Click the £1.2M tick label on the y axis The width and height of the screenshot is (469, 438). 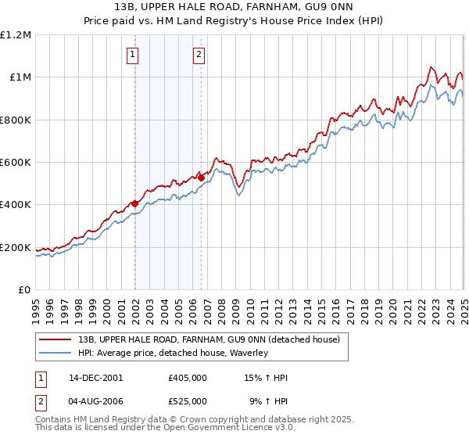[x=16, y=35]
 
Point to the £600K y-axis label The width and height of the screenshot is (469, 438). [x=16, y=163]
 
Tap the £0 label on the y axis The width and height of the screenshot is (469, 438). [x=26, y=290]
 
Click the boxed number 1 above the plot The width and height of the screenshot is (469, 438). [x=134, y=55]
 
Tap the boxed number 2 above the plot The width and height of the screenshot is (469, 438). [x=199, y=55]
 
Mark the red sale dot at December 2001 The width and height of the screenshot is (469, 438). [x=134, y=203]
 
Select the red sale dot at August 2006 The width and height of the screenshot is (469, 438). [x=201, y=178]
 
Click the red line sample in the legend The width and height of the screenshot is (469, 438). [x=55, y=340]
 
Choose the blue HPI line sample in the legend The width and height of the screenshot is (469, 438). [x=55, y=354]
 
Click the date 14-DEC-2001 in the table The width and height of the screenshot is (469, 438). [x=96, y=378]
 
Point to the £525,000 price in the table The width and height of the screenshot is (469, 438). [x=188, y=400]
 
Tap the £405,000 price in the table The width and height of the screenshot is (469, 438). [x=188, y=378]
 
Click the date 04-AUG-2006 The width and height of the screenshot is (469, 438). [x=96, y=400]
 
